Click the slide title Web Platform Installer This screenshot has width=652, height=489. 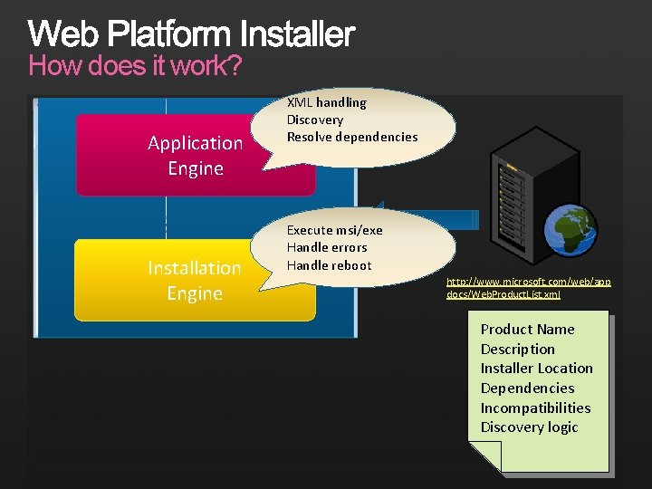pyautogui.click(x=191, y=34)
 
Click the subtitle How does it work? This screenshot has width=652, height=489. pyautogui.click(x=135, y=66)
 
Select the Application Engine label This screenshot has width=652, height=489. pyautogui.click(x=196, y=155)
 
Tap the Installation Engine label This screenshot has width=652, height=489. pyautogui.click(x=195, y=280)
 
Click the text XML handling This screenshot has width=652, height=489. pyautogui.click(x=326, y=102)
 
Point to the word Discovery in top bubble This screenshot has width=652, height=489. pyautogui.click(x=315, y=120)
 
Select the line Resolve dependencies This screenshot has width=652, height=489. pyautogui.click(x=352, y=137)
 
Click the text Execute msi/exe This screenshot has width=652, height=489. pyautogui.click(x=334, y=230)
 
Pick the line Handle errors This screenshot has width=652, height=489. pyautogui.click(x=327, y=247)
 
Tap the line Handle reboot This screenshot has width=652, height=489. pyautogui.click(x=329, y=265)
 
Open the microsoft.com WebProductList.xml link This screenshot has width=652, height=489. pyautogui.click(x=528, y=288)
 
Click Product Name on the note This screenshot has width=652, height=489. pyautogui.click(x=527, y=329)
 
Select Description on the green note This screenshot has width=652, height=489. pyautogui.click(x=517, y=349)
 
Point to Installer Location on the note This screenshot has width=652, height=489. pyautogui.click(x=536, y=368)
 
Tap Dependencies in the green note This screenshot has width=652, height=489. pyautogui.click(x=527, y=388)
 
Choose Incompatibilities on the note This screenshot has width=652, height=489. pyautogui.click(x=535, y=407)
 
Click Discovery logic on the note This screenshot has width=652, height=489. pyautogui.click(x=529, y=427)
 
